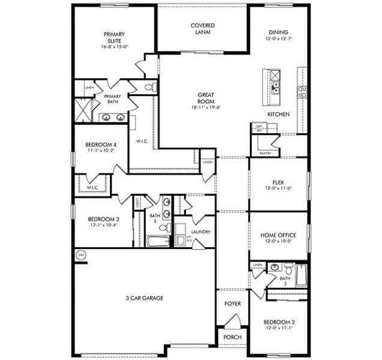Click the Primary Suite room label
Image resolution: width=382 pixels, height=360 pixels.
click(x=113, y=38)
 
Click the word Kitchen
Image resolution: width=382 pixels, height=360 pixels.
click(x=279, y=114)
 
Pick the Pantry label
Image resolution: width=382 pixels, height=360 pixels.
click(x=265, y=153)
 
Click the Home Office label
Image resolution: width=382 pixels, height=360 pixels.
click(x=278, y=235)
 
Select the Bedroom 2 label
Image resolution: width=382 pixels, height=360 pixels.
click(x=278, y=322)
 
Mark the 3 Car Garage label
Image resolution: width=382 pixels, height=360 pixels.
click(x=145, y=298)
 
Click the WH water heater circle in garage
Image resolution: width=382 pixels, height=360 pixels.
click(x=80, y=255)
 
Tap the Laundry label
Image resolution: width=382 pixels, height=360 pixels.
click(x=199, y=232)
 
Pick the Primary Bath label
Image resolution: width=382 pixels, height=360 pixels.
click(x=112, y=100)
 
